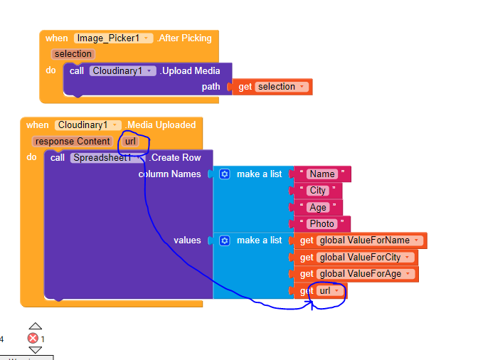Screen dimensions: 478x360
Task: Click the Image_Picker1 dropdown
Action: tap(113, 38)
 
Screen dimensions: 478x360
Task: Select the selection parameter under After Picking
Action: tap(73, 54)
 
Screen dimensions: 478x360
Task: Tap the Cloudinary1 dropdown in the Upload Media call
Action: tap(122, 71)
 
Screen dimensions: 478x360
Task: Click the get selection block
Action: tap(271, 87)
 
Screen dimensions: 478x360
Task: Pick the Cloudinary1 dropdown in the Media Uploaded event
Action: tap(88, 125)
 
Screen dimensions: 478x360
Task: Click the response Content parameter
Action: tap(73, 142)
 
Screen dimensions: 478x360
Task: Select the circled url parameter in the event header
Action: tap(130, 142)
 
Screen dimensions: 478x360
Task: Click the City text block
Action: tap(317, 191)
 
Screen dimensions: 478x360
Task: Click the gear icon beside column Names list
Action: tap(225, 174)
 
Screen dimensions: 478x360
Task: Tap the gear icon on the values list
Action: tap(225, 240)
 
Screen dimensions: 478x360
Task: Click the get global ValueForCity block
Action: tap(354, 258)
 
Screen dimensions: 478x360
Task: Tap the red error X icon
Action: tap(33, 339)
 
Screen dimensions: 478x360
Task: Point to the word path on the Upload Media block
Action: tap(211, 87)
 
